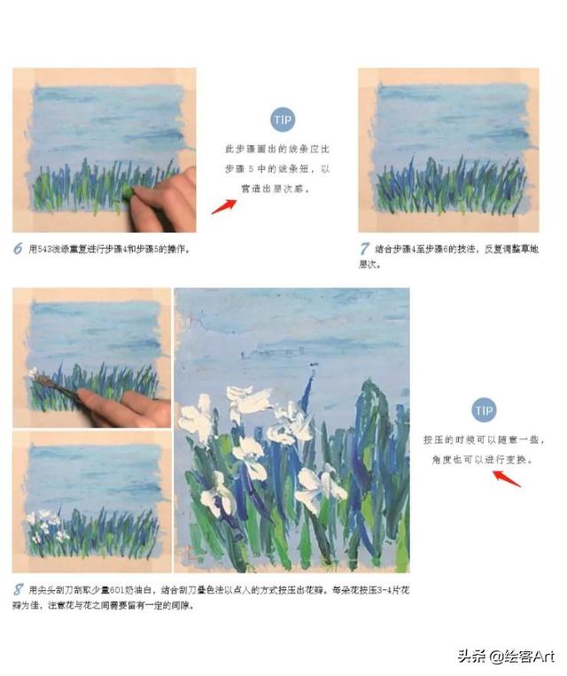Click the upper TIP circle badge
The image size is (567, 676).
[282, 120]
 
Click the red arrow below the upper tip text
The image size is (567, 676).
[223, 206]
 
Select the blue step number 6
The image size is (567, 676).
[18, 249]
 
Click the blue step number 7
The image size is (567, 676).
[364, 249]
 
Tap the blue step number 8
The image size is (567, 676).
[18, 589]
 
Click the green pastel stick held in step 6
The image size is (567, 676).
[128, 190]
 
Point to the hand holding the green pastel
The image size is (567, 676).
[168, 199]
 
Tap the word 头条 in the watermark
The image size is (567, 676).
[470, 657]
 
